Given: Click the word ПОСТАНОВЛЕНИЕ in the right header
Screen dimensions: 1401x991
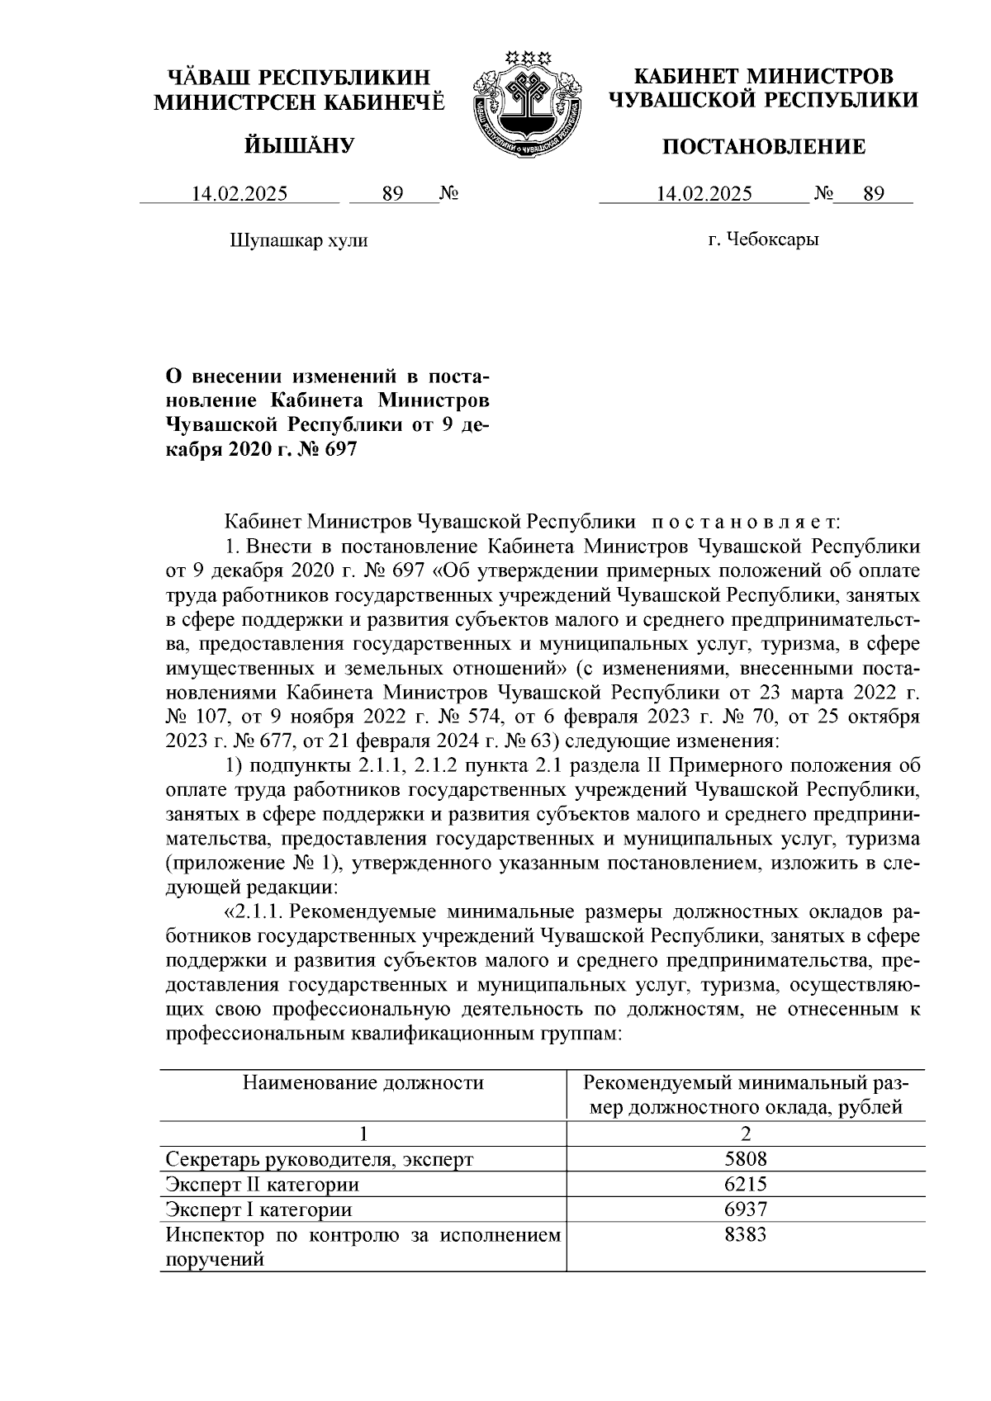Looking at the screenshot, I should tap(764, 147).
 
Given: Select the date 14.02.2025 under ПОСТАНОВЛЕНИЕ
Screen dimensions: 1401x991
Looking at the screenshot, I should tap(704, 194).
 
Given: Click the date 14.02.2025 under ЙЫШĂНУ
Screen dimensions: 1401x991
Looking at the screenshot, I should tap(239, 194).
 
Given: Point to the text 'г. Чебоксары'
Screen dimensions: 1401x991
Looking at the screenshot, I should tap(763, 240).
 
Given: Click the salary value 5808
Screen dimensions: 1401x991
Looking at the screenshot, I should tap(746, 1159).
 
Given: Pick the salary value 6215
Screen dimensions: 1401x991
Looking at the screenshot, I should tap(746, 1184).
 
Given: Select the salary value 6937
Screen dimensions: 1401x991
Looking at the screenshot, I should tap(746, 1209).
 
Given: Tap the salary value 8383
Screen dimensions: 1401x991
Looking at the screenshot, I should tap(746, 1235).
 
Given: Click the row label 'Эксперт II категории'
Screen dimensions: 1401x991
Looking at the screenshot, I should tap(262, 1185).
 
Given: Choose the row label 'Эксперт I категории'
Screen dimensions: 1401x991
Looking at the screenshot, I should tap(258, 1210).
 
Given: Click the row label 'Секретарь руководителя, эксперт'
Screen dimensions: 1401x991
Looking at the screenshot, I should tap(319, 1159).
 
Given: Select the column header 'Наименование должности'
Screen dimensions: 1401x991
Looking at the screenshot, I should tap(363, 1083).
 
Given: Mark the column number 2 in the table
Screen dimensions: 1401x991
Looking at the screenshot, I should tap(746, 1134).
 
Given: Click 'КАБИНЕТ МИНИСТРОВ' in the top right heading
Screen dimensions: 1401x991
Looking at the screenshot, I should tap(763, 77).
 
